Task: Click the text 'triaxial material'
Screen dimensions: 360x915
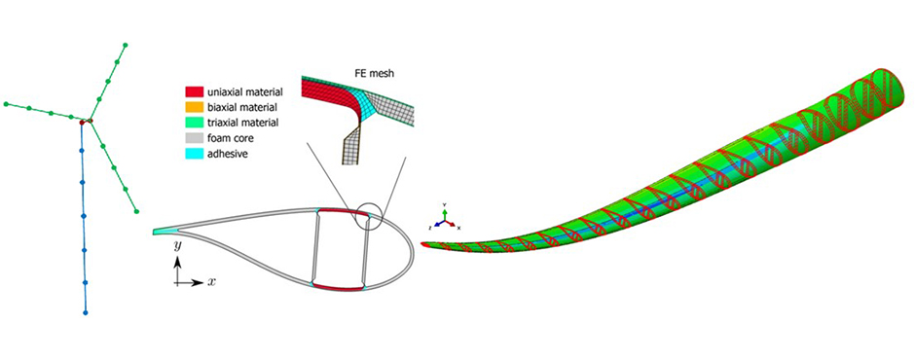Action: pos(243,123)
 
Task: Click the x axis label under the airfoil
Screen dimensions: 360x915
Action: pos(210,281)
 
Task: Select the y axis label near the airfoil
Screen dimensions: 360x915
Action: pos(177,247)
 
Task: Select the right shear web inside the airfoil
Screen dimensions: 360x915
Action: pos(364,250)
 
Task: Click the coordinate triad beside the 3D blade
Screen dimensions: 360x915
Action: pos(443,222)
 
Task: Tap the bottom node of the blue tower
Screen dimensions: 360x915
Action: pos(87,313)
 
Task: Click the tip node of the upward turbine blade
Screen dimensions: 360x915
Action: pos(126,45)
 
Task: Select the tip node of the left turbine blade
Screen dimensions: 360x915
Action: pos(6,101)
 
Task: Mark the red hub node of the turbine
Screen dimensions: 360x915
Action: pos(84,122)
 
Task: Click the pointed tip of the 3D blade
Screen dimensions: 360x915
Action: pos(434,243)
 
